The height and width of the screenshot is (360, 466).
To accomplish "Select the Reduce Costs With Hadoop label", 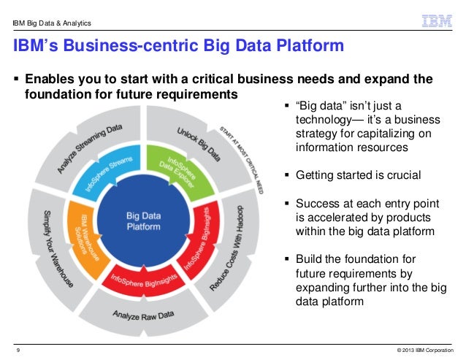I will (x=232, y=246).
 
